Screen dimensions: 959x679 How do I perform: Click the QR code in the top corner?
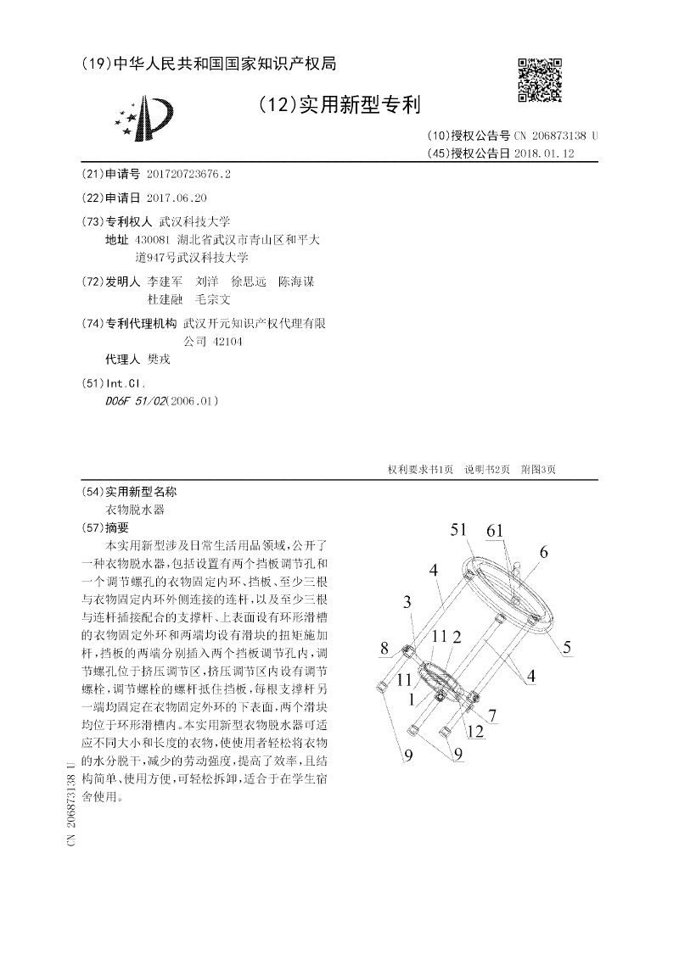pyautogui.click(x=539, y=80)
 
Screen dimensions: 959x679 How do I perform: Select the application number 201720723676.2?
pyautogui.click(x=188, y=174)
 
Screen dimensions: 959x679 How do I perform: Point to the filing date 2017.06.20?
pyautogui.click(x=177, y=198)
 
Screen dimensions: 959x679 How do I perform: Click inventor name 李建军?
pyautogui.click(x=165, y=282)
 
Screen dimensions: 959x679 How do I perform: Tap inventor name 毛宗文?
pyautogui.click(x=213, y=299)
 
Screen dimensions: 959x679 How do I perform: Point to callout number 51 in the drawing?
pyautogui.click(x=459, y=530)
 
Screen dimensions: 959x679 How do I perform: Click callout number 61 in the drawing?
pyautogui.click(x=495, y=530)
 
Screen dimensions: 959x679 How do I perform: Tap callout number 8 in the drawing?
pyautogui.click(x=384, y=649)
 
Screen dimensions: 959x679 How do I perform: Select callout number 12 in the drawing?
pyautogui.click(x=475, y=731)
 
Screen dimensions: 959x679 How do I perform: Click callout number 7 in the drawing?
pyautogui.click(x=491, y=714)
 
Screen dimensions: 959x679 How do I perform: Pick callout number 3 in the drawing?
pyautogui.click(x=408, y=602)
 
